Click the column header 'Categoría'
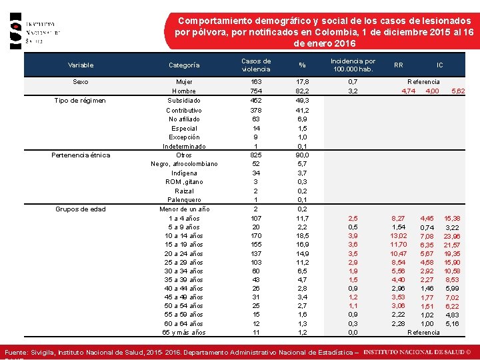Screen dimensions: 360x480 184,65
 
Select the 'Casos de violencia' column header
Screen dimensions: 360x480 256,65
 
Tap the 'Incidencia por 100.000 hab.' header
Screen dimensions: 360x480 353,65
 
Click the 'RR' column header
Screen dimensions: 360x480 399,65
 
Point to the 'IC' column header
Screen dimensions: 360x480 439,65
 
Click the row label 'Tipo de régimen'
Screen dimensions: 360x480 81,100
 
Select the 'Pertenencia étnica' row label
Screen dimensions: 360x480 81,155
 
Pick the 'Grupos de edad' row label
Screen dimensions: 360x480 81,209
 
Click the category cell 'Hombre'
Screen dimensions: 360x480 184,91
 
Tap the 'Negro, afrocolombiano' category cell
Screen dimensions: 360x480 184,164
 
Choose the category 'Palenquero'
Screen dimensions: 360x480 184,200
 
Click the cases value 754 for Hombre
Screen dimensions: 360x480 256,91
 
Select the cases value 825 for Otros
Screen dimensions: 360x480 256,155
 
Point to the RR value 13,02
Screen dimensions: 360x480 399,235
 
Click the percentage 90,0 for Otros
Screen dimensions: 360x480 302,155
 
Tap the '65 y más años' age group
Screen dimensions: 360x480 184,332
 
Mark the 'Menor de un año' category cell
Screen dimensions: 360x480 184,209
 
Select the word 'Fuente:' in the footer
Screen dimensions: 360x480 16,351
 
